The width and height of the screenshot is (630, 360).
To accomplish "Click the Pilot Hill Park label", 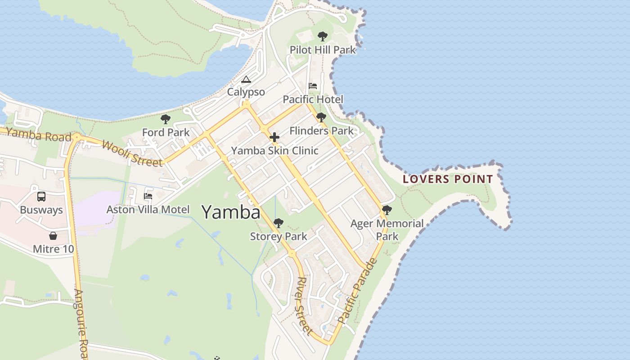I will pyautogui.click(x=323, y=50).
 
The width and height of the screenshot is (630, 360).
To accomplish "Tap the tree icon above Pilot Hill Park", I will pyautogui.click(x=322, y=36).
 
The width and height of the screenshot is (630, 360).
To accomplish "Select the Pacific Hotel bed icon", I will pyautogui.click(x=313, y=86).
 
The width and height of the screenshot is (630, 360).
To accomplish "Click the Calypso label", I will pyautogui.click(x=246, y=92).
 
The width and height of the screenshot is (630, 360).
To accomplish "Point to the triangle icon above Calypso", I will pyautogui.click(x=246, y=80).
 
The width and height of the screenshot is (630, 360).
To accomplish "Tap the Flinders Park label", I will pyautogui.click(x=321, y=131).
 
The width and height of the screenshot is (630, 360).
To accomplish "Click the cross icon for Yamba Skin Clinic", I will pyautogui.click(x=274, y=137).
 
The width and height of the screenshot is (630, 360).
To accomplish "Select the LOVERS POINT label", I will pyautogui.click(x=448, y=179).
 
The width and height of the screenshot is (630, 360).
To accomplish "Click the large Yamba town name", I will pyautogui.click(x=231, y=212).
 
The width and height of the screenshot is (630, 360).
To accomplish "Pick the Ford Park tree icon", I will pyautogui.click(x=166, y=119).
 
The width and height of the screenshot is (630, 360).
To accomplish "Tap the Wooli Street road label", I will pyautogui.click(x=132, y=153).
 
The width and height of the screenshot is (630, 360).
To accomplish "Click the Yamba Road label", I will pyautogui.click(x=39, y=135).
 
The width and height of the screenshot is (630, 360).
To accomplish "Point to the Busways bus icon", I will pyautogui.click(x=41, y=197).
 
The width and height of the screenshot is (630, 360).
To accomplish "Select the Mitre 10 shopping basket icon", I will pyautogui.click(x=53, y=236).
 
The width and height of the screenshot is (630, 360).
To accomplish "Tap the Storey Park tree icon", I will pyautogui.click(x=279, y=223).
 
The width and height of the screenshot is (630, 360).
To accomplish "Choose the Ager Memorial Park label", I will pyautogui.click(x=387, y=229).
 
